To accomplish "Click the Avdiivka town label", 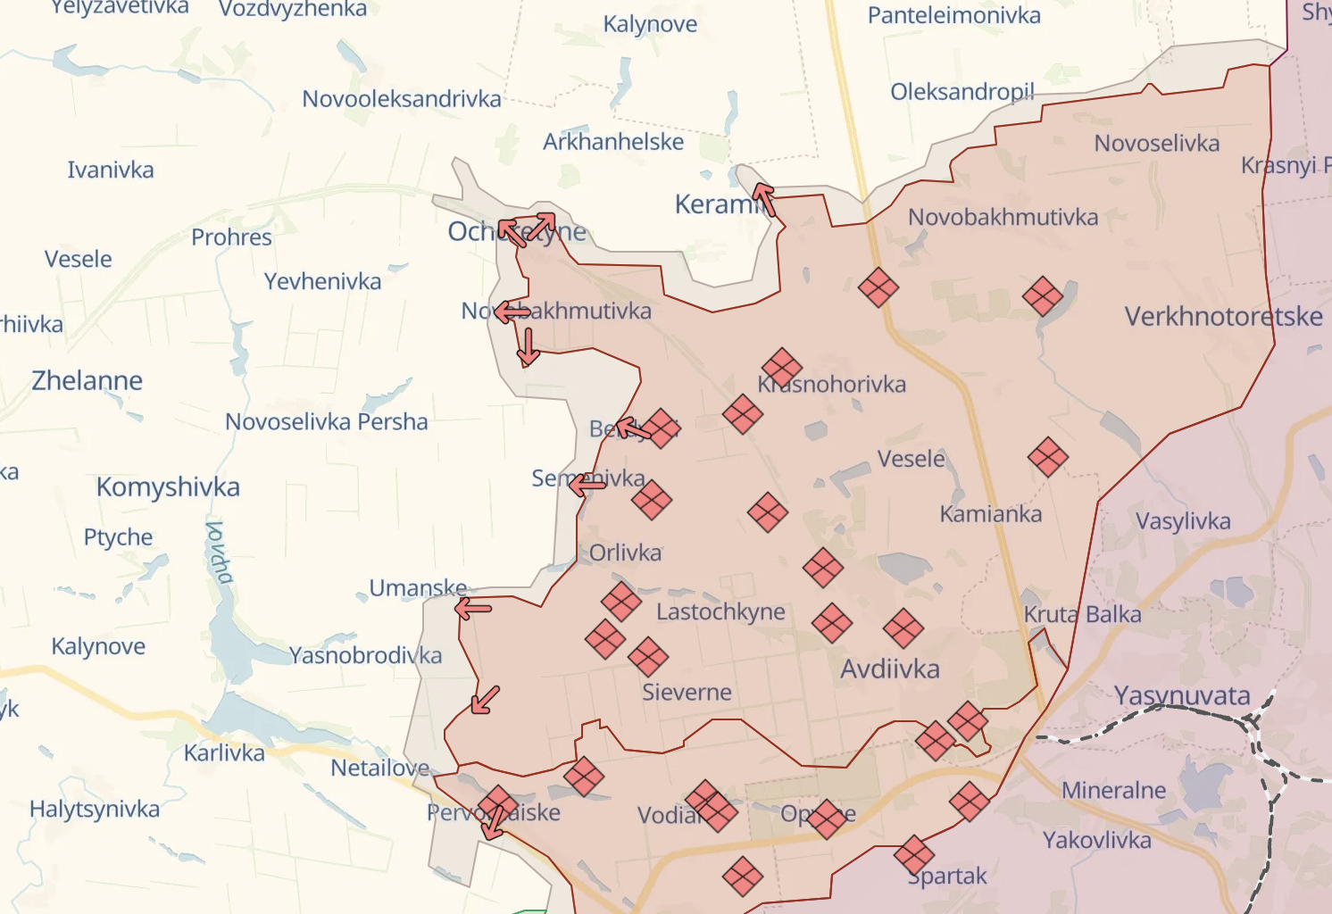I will [x=889, y=669].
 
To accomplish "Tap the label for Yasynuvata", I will [x=1182, y=695].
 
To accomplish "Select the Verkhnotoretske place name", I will [x=1223, y=316].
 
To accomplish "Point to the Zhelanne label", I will [x=87, y=380].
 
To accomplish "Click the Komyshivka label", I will [x=168, y=486].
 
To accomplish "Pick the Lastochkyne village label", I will [x=720, y=611].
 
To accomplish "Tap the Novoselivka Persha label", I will [x=326, y=421].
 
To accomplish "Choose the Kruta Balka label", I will [x=1082, y=614].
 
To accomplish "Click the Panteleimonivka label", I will [x=953, y=15].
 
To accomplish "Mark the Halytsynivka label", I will [x=95, y=809].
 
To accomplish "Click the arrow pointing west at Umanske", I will [x=473, y=609].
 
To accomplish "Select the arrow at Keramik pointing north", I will [x=764, y=199].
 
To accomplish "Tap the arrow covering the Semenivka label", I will [x=587, y=485].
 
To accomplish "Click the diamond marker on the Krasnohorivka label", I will [x=782, y=368].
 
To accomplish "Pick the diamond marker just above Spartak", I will [x=913, y=855].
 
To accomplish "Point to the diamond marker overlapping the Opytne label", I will [x=826, y=818].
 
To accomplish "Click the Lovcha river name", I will [x=219, y=552].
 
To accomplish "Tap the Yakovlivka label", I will [x=1096, y=840].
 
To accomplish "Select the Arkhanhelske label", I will [x=613, y=141].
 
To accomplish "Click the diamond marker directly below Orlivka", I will [x=621, y=602].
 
